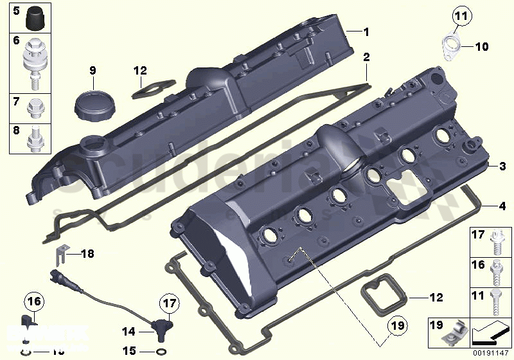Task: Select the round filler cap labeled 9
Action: click(x=92, y=103)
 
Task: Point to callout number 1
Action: click(x=366, y=32)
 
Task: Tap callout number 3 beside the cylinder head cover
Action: click(x=502, y=166)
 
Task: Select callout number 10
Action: click(x=482, y=46)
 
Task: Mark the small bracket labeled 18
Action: click(x=58, y=255)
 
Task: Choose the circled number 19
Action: click(x=397, y=327)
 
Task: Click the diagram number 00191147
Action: click(x=491, y=352)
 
